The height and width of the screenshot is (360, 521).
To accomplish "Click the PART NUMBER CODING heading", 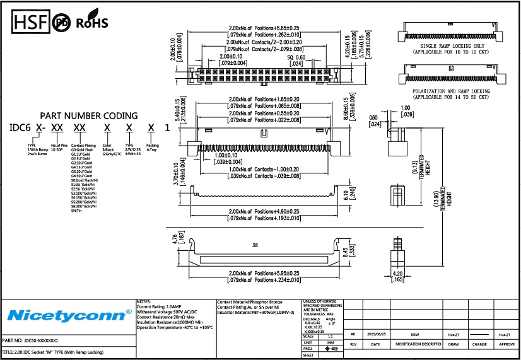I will (89, 115).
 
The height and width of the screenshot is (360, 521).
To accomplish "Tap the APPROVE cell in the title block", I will (507, 345).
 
